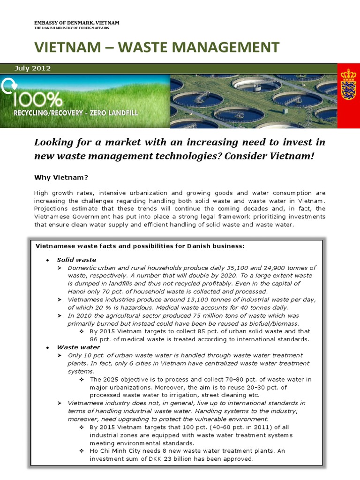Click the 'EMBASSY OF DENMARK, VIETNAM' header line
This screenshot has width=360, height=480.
(77, 23)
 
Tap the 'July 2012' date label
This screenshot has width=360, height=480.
(32, 68)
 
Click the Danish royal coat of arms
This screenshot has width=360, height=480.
(348, 84)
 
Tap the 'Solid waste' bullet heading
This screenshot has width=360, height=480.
(76, 260)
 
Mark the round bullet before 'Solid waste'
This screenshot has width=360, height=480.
(48, 260)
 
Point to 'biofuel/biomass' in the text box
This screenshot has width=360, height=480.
(272, 323)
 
